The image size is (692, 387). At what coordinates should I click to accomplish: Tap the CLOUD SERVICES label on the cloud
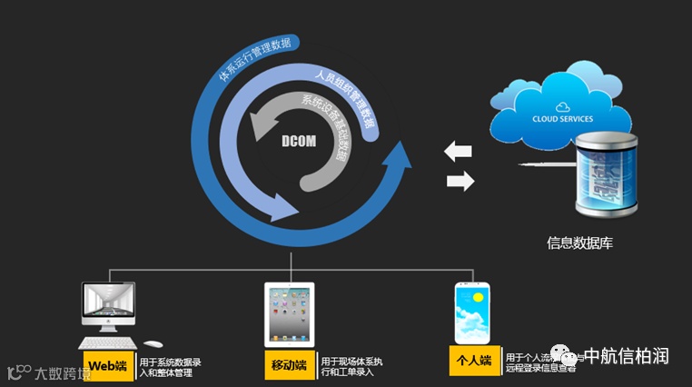(x=562, y=119)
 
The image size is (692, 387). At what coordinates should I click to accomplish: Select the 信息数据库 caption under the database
(x=580, y=242)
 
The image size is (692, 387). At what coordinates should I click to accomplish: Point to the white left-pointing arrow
(x=460, y=151)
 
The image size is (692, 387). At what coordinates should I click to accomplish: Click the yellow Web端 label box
(x=107, y=366)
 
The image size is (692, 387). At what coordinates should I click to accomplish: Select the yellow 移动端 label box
(x=289, y=366)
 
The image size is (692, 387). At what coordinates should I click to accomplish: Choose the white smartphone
(x=475, y=313)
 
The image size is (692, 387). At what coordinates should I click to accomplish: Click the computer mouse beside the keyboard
(x=153, y=344)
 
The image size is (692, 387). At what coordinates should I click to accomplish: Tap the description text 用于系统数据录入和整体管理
(x=170, y=366)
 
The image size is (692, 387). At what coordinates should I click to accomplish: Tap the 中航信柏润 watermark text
(x=628, y=355)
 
